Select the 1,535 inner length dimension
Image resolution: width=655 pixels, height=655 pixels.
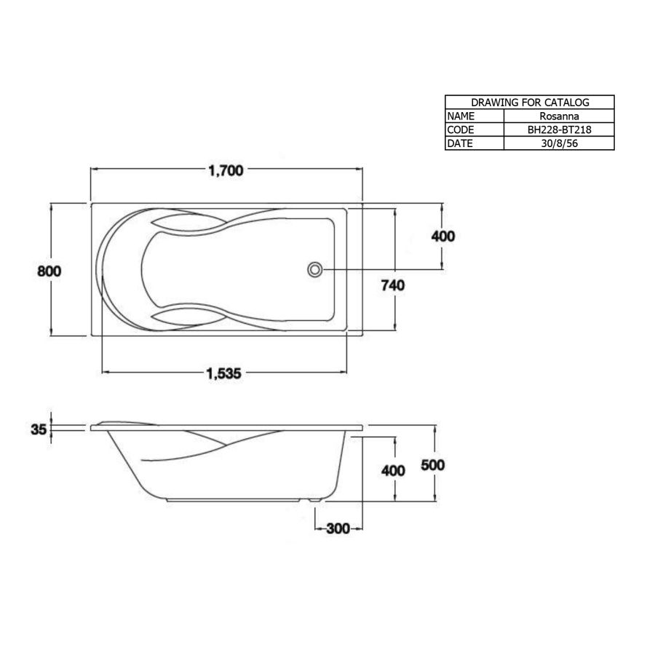click(x=223, y=373)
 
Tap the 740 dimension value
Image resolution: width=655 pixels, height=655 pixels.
click(x=392, y=285)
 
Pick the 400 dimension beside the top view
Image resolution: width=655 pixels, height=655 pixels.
click(x=442, y=236)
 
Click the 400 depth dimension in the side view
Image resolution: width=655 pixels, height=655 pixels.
click(x=393, y=470)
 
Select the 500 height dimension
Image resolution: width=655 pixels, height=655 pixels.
click(x=433, y=464)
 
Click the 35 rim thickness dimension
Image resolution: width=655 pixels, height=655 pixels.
click(x=39, y=429)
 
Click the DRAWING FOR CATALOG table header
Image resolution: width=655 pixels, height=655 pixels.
click(x=530, y=103)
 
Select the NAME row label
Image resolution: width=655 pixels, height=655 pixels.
click(x=461, y=116)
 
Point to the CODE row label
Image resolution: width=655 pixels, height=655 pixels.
click(x=461, y=130)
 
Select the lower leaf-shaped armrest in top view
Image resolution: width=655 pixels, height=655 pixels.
click(x=180, y=317)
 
